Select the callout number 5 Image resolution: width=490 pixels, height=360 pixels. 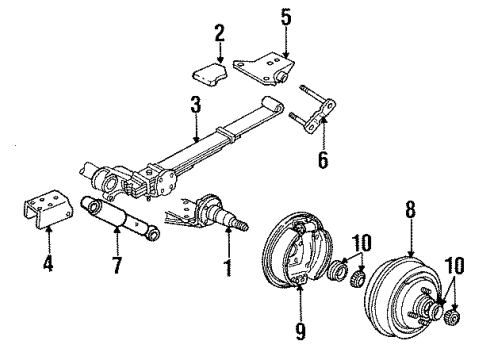point(285,16)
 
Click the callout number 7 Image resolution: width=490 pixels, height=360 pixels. point(118,267)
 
